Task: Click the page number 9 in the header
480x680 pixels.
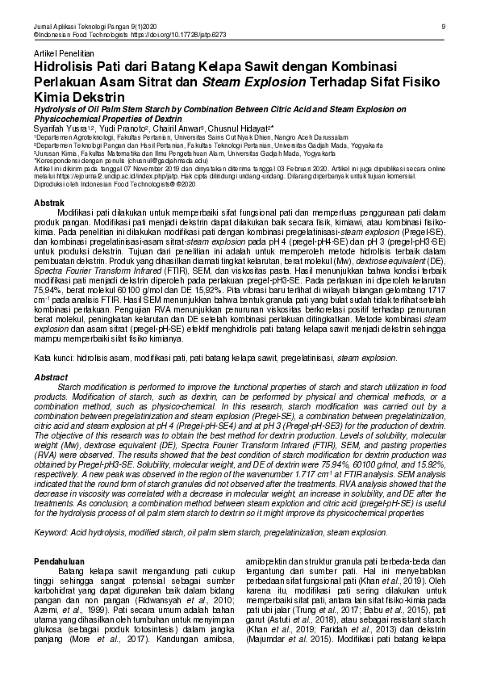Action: pyautogui.click(x=445, y=27)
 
